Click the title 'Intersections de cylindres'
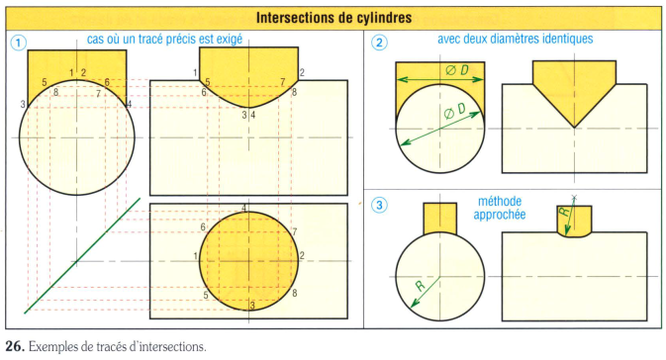point(333,18)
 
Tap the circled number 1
point(18,42)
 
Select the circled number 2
point(379,42)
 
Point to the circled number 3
point(379,206)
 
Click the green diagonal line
point(82,255)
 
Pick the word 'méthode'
point(500,201)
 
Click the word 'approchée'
point(500,215)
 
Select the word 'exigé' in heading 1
point(230,40)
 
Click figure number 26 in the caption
point(15,346)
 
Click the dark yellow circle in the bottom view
point(249,261)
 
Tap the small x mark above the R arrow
point(574,197)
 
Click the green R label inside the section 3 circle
point(420,286)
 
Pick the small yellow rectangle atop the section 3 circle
point(440,219)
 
